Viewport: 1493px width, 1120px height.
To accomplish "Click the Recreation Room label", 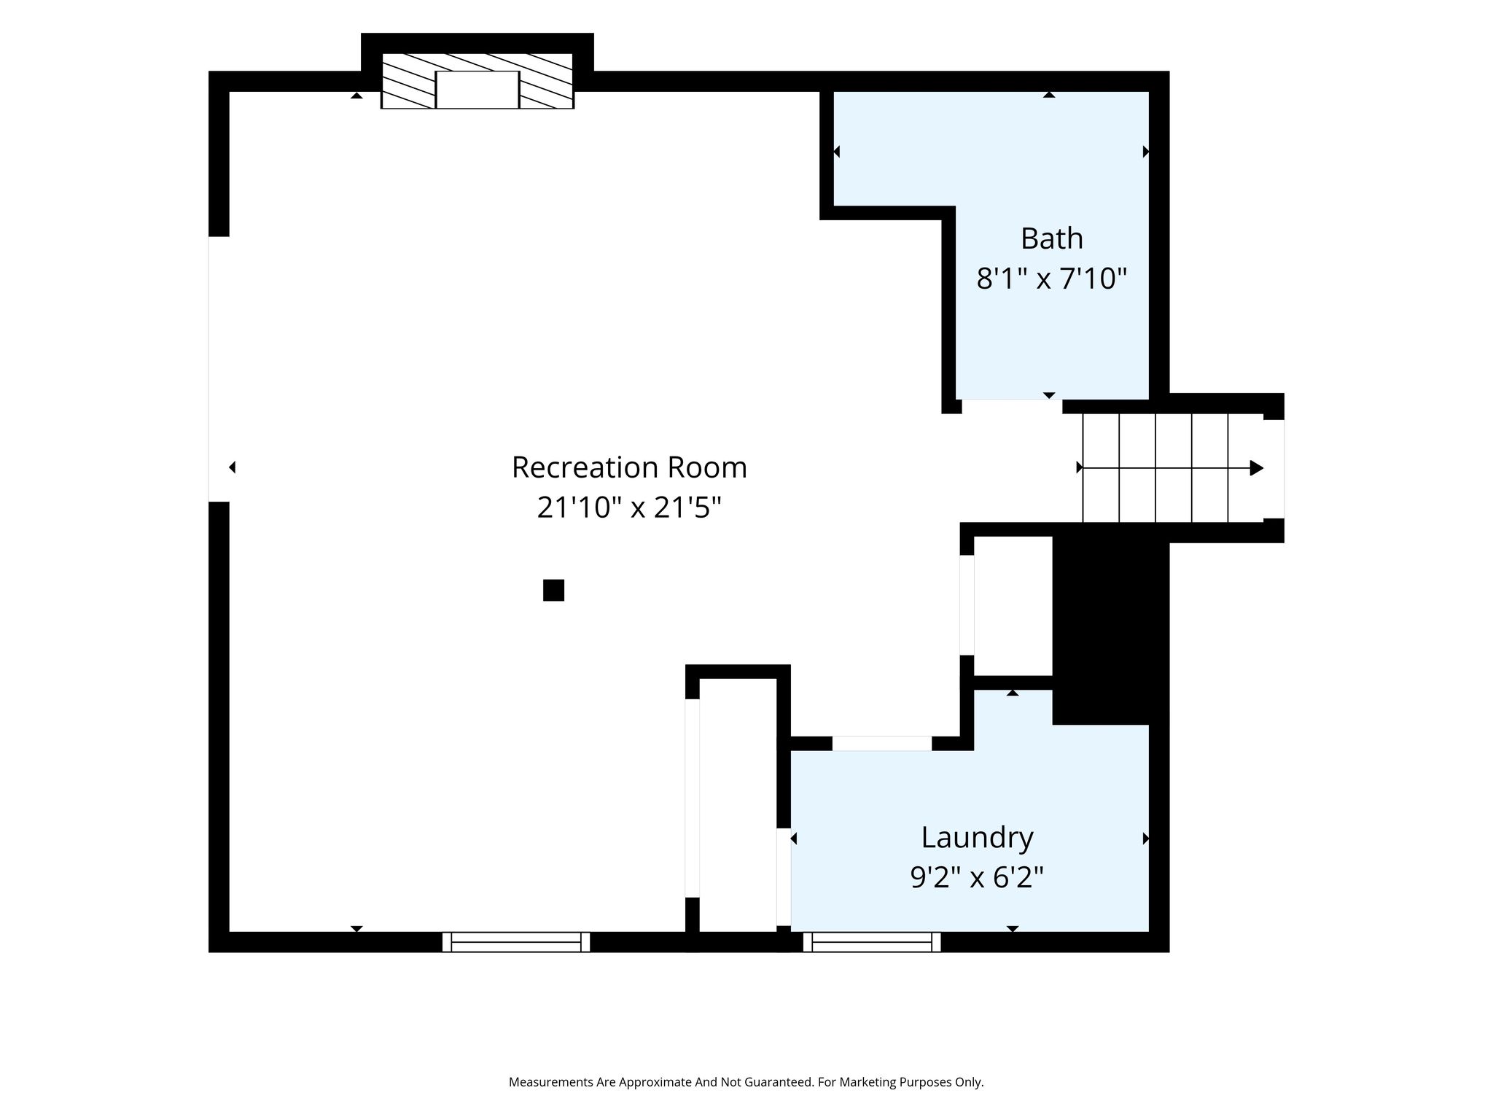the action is click(x=629, y=467).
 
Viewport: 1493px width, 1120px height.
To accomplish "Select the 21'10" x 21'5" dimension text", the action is click(x=629, y=507).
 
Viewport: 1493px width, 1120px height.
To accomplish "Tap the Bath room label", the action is click(x=1051, y=238).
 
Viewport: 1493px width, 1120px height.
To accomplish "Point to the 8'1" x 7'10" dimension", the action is click(x=1051, y=279).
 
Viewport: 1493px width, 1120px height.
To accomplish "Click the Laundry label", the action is click(x=977, y=838).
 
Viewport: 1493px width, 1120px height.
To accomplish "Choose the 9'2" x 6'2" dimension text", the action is click(x=977, y=877).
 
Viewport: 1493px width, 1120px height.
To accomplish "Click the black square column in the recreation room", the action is click(x=553, y=590).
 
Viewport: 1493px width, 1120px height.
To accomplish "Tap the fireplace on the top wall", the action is click(x=477, y=81).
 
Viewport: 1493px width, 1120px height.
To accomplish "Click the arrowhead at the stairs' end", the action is click(x=1257, y=468).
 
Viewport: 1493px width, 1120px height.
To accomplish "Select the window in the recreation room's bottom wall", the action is click(x=516, y=942).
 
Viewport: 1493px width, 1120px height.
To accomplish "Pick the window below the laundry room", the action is click(x=872, y=942).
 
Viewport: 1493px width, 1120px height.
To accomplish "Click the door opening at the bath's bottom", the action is click(x=1012, y=407).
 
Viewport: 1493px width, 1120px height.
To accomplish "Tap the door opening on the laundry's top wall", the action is click(x=882, y=744).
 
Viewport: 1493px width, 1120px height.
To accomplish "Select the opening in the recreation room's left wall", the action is click(x=219, y=369).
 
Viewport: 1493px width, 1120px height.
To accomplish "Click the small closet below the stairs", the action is click(x=1013, y=606).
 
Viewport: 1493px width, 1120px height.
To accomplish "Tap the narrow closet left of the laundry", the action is click(x=738, y=805).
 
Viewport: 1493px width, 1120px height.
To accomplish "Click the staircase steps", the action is click(x=1173, y=468).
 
